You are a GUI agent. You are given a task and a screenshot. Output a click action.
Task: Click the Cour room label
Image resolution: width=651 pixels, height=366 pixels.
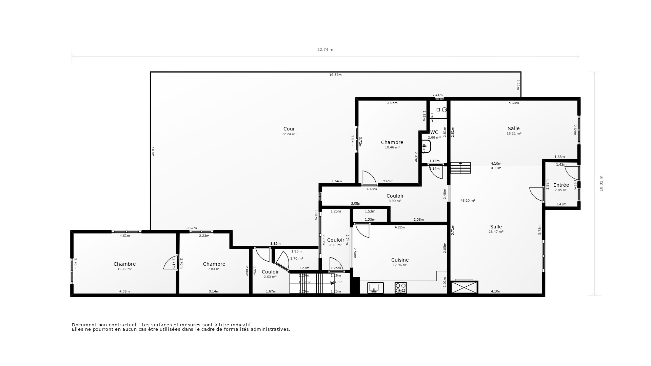point(289,129)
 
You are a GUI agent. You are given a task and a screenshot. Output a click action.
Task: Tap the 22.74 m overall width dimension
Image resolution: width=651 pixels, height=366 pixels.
point(325,49)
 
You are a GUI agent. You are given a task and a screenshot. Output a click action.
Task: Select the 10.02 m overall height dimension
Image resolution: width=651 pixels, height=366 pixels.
point(601,183)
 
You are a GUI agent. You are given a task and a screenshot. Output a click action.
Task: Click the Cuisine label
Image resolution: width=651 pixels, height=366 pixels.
point(400,260)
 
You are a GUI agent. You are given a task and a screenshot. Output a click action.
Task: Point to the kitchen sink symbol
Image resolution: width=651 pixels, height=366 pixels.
point(375,288)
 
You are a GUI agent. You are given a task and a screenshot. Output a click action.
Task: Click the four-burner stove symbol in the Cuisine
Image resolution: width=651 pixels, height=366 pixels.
point(400,288)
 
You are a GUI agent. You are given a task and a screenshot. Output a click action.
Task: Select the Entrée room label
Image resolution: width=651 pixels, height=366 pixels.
point(561,185)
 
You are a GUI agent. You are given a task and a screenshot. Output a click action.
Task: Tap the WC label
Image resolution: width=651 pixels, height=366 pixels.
point(434,132)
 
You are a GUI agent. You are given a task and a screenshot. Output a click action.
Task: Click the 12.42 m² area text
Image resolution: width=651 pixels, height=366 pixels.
point(124,269)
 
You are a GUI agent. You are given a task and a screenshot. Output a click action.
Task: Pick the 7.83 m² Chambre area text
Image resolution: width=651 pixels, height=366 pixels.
point(214,269)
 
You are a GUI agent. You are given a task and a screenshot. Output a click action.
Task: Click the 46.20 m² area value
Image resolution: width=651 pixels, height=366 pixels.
point(468,201)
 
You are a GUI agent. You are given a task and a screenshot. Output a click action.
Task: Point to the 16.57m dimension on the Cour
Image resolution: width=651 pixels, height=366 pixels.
point(335,75)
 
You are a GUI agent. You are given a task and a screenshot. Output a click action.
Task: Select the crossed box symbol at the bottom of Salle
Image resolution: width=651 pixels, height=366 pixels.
point(464,287)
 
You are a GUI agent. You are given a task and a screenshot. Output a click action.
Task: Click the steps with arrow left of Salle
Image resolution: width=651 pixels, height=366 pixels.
point(460,168)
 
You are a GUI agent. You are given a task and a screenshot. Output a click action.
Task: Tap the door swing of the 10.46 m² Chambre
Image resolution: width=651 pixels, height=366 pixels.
point(369,178)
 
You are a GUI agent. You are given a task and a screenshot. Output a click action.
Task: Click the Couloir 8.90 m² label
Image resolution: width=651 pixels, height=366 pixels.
point(395,196)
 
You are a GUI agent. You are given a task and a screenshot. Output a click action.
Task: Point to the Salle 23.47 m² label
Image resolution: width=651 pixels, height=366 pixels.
point(496,227)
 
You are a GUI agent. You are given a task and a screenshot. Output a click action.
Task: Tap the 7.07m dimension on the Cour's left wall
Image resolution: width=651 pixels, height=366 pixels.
point(153,151)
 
